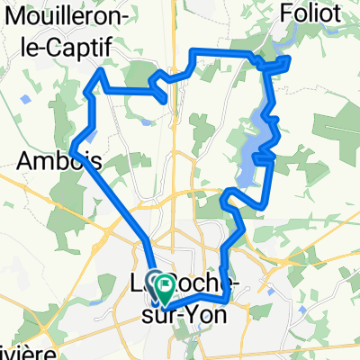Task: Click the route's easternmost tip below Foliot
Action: [x=289, y=59]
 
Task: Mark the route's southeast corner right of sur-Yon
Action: [x=231, y=292]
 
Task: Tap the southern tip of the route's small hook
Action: [x=166, y=101]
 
